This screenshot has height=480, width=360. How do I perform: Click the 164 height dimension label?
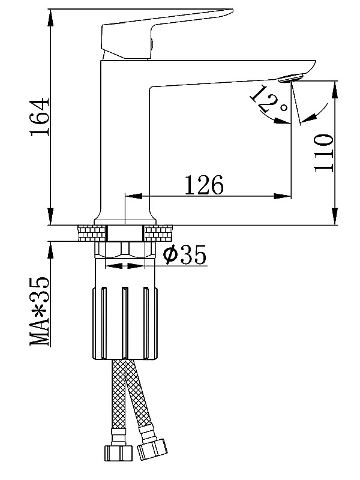point(40,116)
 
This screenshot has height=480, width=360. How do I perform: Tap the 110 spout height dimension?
point(323,153)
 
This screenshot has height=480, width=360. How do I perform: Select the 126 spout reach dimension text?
point(204,185)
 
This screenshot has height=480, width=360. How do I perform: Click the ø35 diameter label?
point(185,254)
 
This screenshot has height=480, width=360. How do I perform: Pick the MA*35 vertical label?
point(40,311)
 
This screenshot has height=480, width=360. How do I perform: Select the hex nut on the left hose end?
point(118,452)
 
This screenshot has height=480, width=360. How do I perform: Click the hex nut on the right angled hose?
point(152,449)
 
